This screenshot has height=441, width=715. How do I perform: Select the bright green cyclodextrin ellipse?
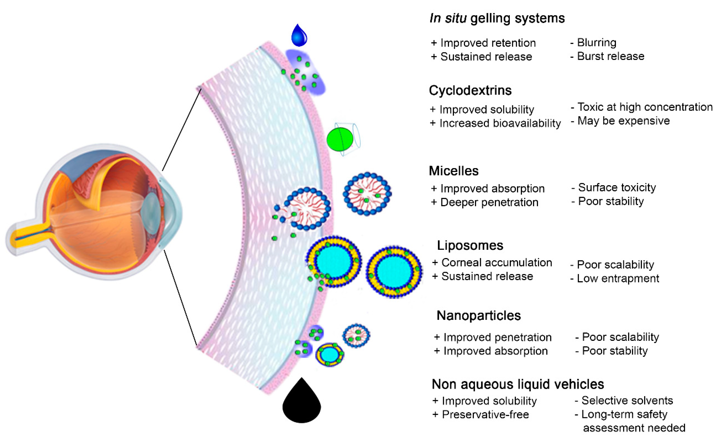pyautogui.click(x=340, y=139)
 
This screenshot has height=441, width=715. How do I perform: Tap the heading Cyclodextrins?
pyautogui.click(x=470, y=90)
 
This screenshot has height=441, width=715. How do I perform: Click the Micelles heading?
pyautogui.click(x=454, y=171)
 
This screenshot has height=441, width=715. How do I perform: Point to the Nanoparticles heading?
pyautogui.click(x=479, y=316)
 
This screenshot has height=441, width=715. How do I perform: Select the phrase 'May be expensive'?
pyautogui.click(x=624, y=121)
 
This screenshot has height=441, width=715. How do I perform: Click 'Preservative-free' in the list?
pyautogui.click(x=485, y=414)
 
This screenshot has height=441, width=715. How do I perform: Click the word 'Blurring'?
pyautogui.click(x=597, y=43)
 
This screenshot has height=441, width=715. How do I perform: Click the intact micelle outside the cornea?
pyautogui.click(x=367, y=194)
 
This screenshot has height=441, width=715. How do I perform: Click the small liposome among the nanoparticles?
pyautogui.click(x=330, y=354)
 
